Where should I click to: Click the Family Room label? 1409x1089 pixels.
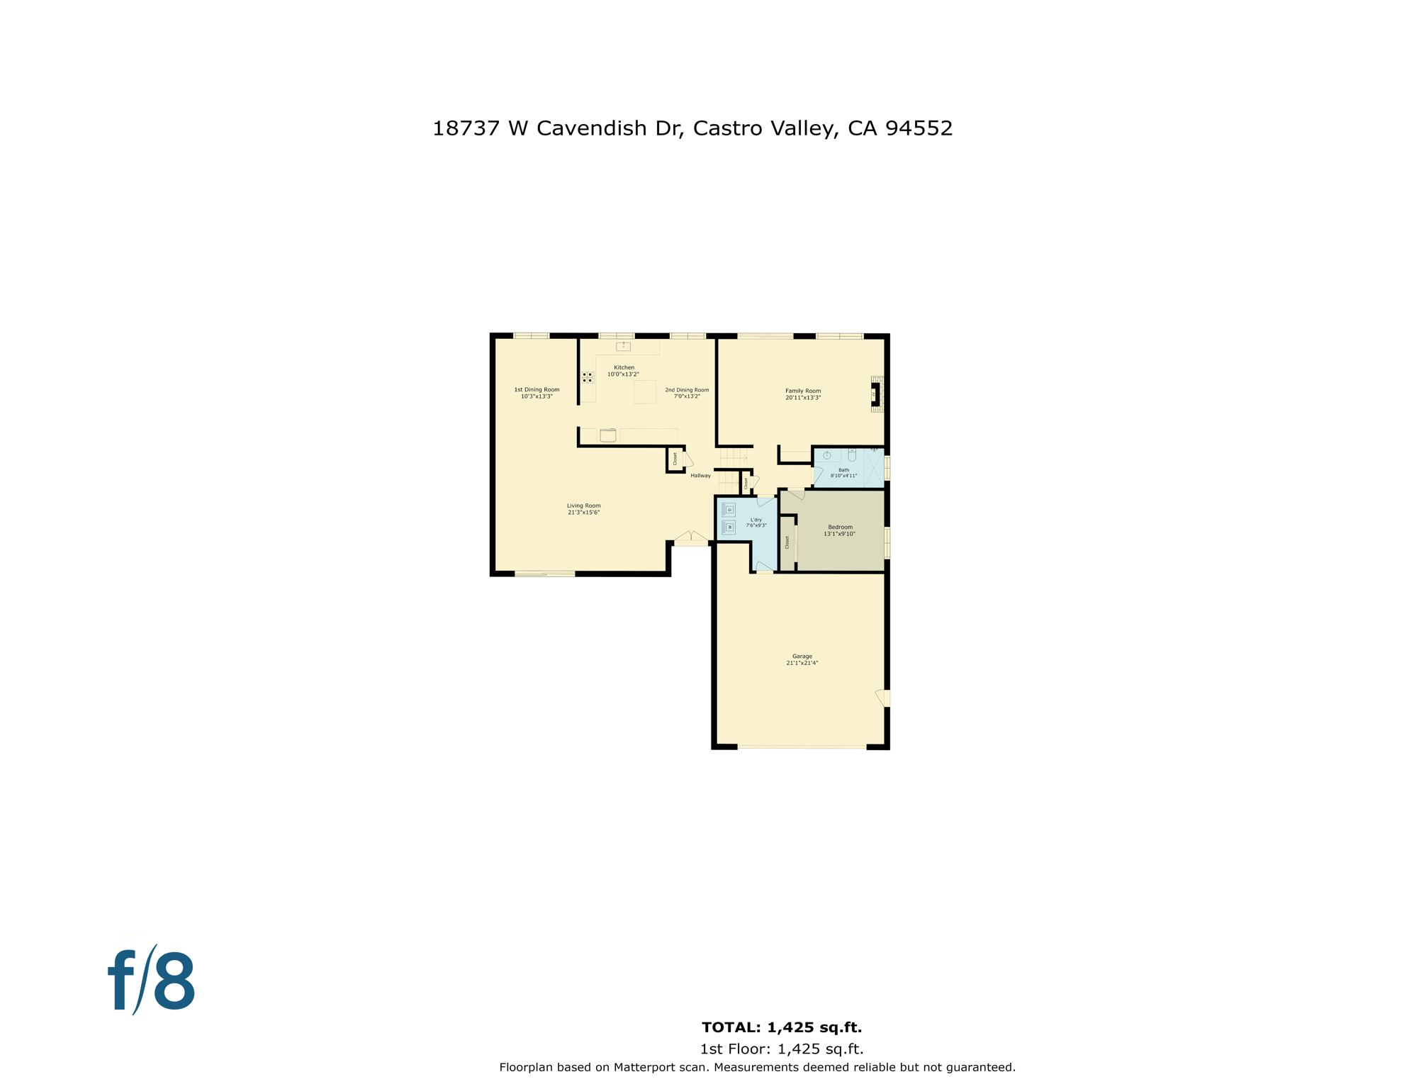802,391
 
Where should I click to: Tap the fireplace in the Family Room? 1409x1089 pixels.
876,394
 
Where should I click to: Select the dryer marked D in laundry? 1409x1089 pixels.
729,510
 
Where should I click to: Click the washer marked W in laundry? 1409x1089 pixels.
729,527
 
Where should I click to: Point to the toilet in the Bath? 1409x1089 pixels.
852,455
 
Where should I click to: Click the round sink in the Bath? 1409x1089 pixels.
826,455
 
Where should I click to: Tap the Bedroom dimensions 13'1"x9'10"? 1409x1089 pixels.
839,534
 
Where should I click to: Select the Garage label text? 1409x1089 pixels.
802,656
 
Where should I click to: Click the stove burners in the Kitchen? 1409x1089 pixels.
588,377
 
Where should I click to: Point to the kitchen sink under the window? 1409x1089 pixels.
623,346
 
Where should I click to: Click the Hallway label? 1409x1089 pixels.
700,476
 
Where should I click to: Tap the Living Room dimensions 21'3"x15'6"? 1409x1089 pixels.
583,512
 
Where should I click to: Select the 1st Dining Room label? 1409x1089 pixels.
537,389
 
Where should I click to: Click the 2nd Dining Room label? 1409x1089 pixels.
687,390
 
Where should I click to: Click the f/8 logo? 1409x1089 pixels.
152,981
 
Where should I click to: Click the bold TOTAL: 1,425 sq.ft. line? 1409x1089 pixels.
781,1027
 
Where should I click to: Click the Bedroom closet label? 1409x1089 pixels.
787,542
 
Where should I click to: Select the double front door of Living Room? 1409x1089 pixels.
691,537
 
